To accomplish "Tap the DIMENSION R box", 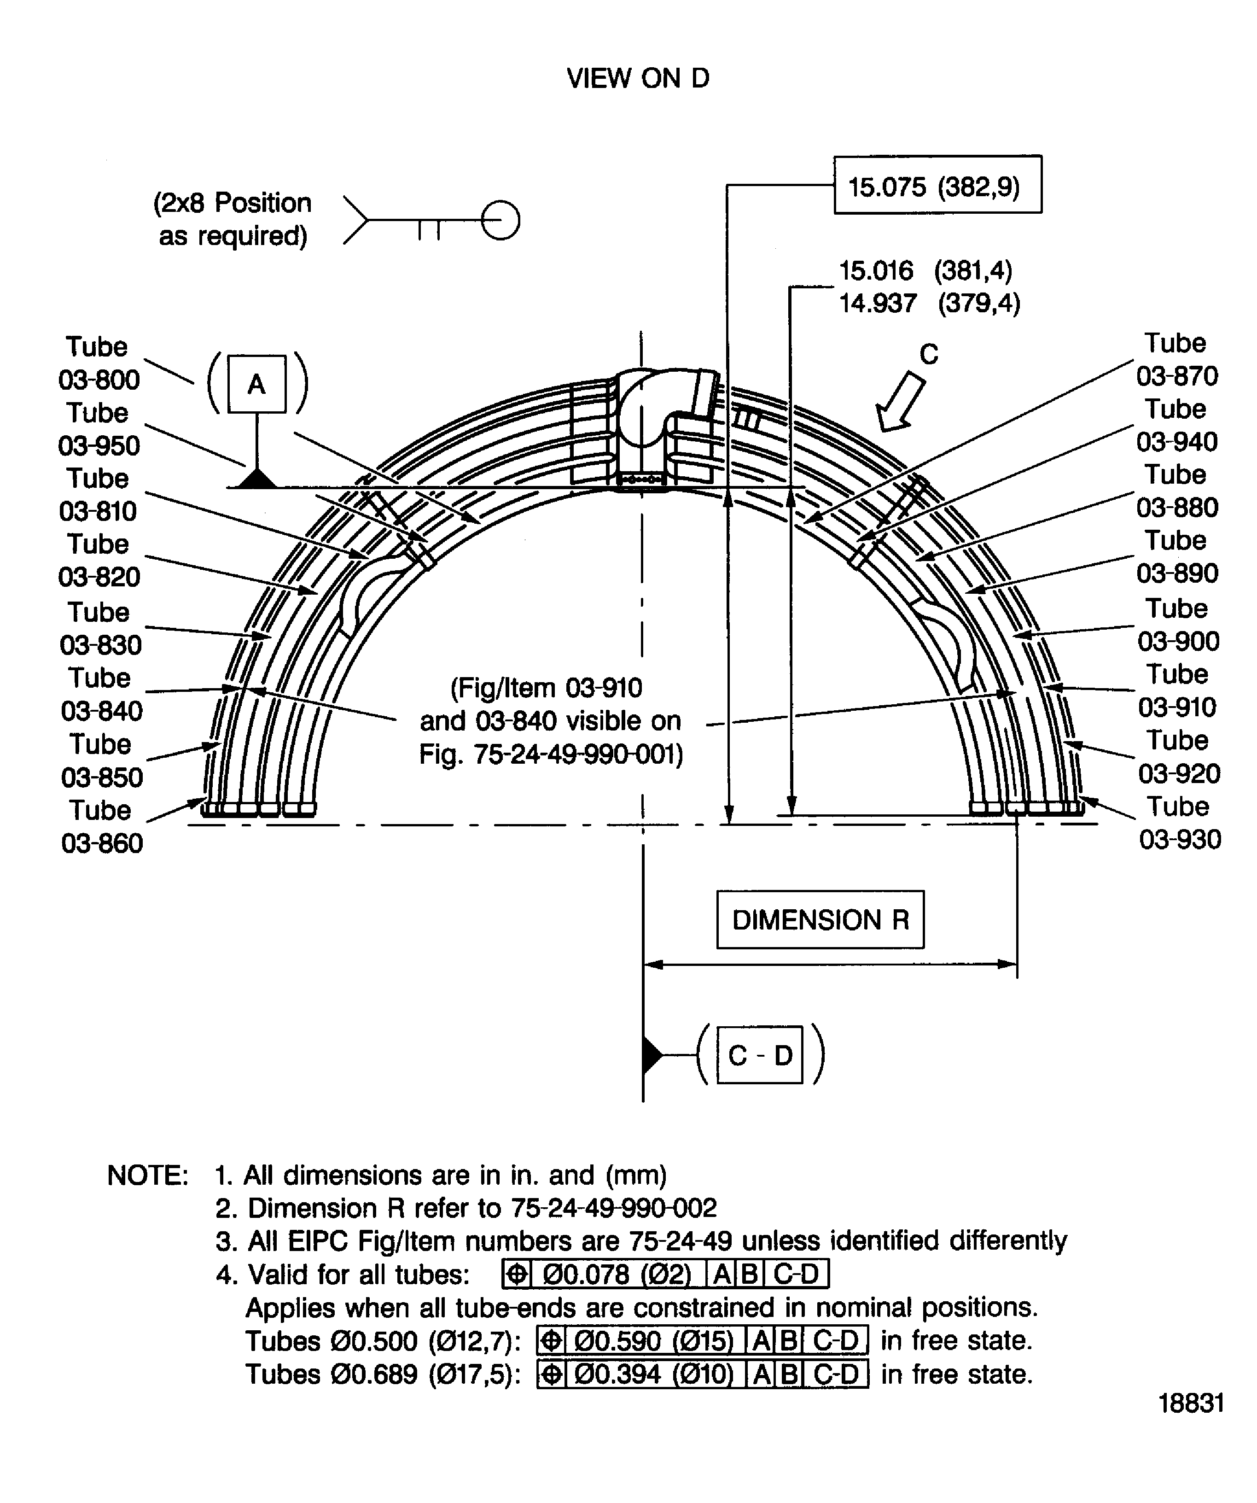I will tap(820, 920).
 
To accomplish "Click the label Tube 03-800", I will tap(99, 363).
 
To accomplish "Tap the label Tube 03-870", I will tap(1176, 359).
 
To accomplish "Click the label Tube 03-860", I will tap(102, 827).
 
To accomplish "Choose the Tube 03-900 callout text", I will tap(1178, 625).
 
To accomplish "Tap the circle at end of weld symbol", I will tap(500, 220).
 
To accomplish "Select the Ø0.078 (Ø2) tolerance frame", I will tap(665, 1274).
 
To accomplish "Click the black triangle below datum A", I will tap(257, 479).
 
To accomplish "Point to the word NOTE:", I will tap(147, 1175).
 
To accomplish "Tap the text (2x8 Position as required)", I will tap(233, 219).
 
